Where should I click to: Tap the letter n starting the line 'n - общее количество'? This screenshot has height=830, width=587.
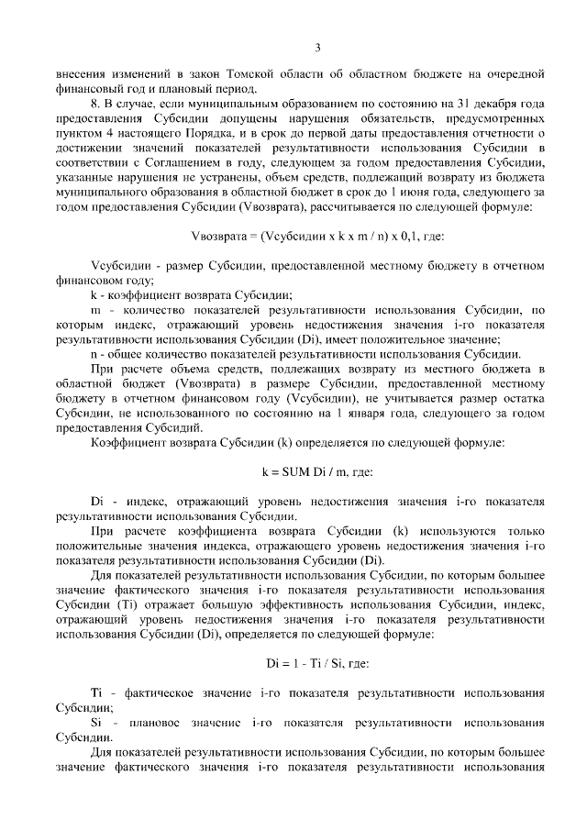94,353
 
